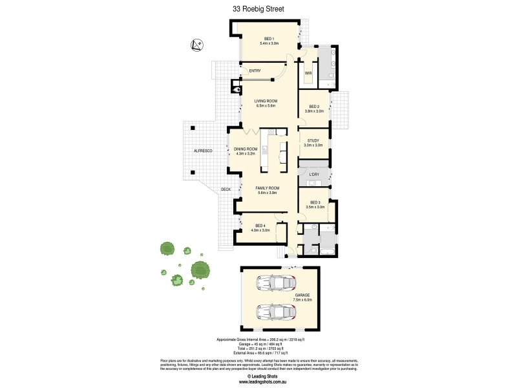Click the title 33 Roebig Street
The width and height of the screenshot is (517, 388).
tap(258, 8)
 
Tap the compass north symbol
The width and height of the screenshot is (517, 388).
tap(198, 45)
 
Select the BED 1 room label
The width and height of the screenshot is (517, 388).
tap(268, 38)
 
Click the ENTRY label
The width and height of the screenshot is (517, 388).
tap(255, 70)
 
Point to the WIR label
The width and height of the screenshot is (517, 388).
tap(308, 73)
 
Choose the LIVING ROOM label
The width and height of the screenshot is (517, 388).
tap(266, 102)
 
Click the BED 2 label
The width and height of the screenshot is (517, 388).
tap(314, 107)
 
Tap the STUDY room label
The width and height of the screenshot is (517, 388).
tap(313, 140)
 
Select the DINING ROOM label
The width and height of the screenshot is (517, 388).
tap(245, 150)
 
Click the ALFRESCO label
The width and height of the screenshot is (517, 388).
tap(204, 150)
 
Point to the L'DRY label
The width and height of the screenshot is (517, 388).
tap(315, 175)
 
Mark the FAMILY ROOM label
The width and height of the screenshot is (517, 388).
tap(267, 188)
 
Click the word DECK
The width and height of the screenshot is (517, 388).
tap(226, 189)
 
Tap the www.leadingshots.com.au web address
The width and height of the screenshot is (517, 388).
tap(258, 381)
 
